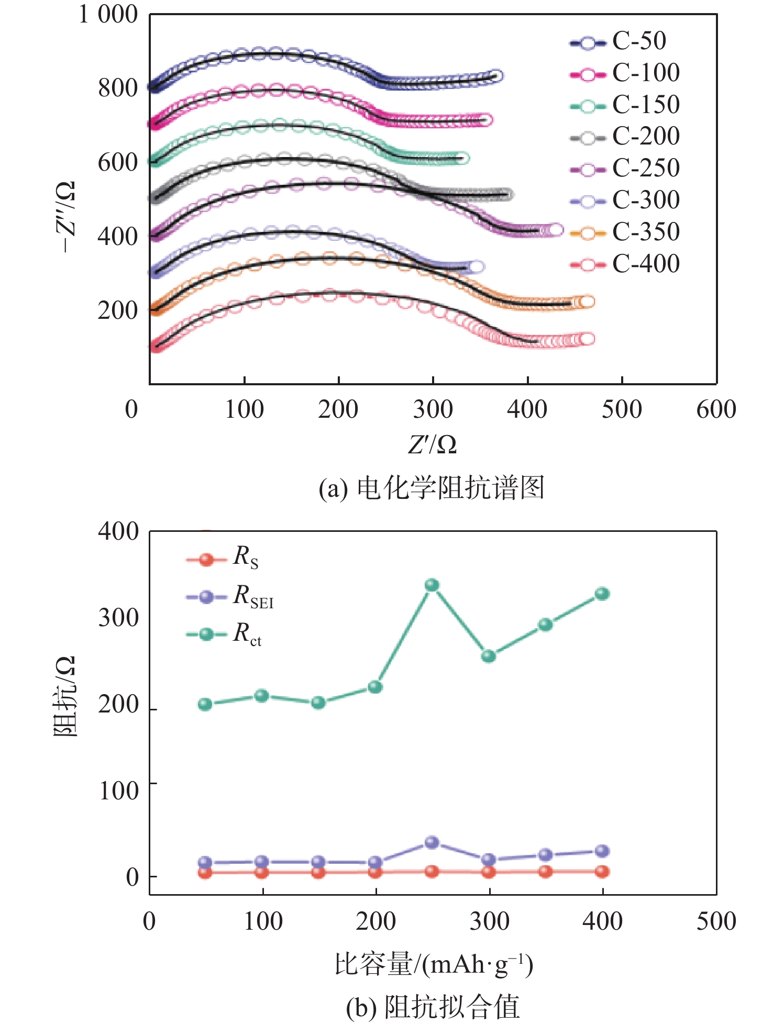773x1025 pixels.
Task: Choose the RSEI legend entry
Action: click(x=230, y=596)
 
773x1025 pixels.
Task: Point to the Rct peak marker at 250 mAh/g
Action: click(x=432, y=585)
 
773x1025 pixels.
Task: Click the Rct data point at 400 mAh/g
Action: click(x=602, y=594)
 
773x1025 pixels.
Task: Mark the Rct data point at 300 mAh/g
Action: click(x=489, y=656)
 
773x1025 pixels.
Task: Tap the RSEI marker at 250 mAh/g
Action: click(x=432, y=842)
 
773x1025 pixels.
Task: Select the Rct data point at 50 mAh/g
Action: click(x=205, y=704)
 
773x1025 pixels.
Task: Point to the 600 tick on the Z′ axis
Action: click(x=716, y=409)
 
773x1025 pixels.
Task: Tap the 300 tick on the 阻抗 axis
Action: click(x=118, y=618)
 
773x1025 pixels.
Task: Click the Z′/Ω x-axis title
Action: click(x=433, y=445)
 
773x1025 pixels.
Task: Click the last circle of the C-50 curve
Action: click(x=496, y=76)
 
